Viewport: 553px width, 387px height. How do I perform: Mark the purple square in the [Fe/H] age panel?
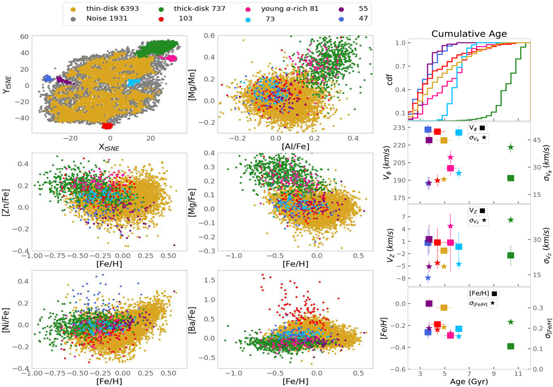pyautogui.click(x=429, y=304)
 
